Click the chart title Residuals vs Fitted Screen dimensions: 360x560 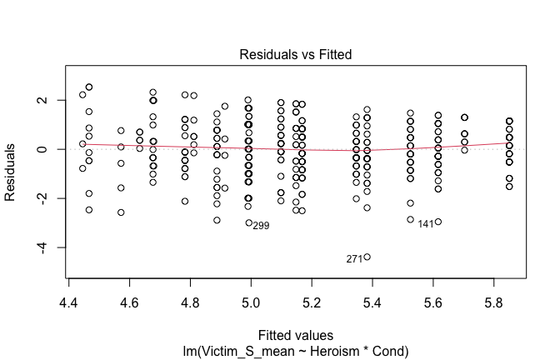click(296, 54)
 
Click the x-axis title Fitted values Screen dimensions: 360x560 click(296, 334)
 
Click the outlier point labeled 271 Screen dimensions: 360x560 click(367, 257)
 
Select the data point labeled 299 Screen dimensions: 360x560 click(248, 222)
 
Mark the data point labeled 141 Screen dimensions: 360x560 click(438, 222)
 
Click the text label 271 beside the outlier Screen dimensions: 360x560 click(354, 259)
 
